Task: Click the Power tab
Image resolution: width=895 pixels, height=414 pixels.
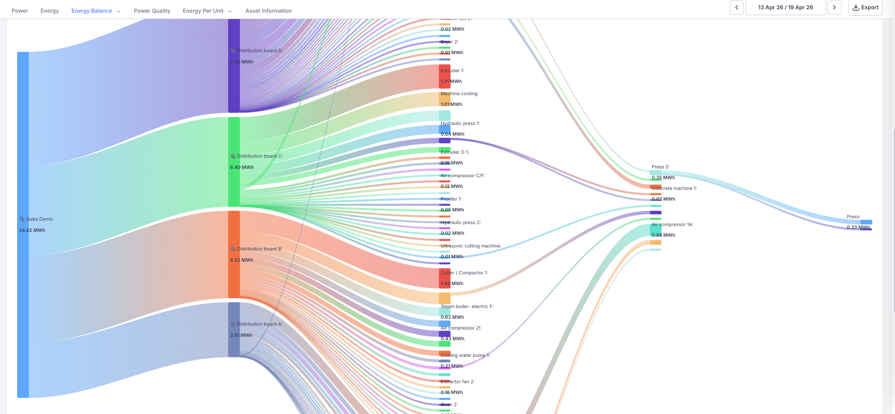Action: [20, 11]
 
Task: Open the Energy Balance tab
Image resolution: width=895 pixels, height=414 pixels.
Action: [92, 11]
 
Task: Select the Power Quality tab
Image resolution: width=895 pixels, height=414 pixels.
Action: [152, 11]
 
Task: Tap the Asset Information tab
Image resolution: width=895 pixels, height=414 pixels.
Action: [268, 11]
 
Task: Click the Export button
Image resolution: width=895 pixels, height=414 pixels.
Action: [865, 8]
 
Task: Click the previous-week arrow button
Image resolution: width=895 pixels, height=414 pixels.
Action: [737, 8]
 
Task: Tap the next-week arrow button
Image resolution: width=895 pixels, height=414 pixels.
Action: [834, 8]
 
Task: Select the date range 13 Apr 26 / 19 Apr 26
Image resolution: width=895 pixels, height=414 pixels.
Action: [786, 8]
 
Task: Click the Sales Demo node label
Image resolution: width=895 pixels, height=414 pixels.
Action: [40, 219]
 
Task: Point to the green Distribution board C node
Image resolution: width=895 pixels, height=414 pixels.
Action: [234, 162]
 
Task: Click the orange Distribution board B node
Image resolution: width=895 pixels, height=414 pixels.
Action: [234, 254]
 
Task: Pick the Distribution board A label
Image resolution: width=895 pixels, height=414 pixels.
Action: [259, 324]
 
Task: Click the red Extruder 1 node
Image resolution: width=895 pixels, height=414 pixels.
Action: [445, 76]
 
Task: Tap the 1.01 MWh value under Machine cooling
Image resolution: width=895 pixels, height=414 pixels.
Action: [451, 104]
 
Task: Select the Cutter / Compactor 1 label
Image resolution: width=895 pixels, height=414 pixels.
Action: [464, 273]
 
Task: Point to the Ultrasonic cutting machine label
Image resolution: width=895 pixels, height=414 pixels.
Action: [471, 246]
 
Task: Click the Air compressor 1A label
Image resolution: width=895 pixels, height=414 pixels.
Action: [673, 225]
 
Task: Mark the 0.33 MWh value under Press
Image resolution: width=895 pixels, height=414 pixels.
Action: [858, 228]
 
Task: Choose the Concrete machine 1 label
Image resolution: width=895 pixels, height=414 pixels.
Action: [674, 188]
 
